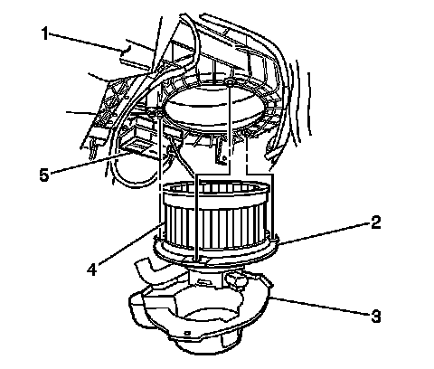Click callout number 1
(x=44, y=33)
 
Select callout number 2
(x=375, y=222)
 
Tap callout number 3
(x=375, y=317)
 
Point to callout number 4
(x=92, y=269)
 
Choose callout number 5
(x=44, y=175)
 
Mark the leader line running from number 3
(x=320, y=306)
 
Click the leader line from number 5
(x=90, y=163)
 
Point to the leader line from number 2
(x=325, y=232)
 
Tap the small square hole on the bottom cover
(x=187, y=333)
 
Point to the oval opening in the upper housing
(x=214, y=107)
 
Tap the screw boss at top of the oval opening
(x=230, y=81)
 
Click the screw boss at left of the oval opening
(x=158, y=113)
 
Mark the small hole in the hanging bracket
(x=224, y=157)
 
